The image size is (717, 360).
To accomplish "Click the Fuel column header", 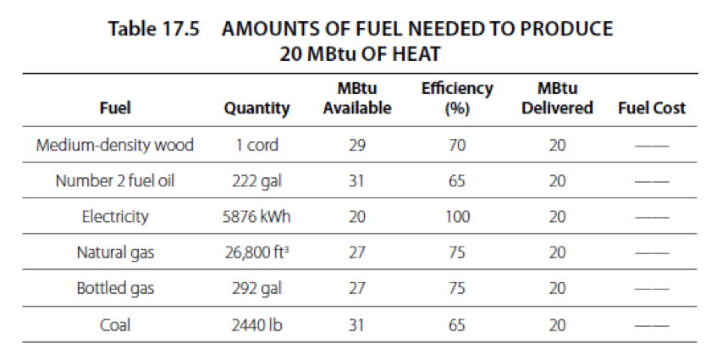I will coord(115,108).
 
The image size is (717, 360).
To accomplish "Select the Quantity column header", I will coord(256,108).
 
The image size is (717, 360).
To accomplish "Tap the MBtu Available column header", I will coord(356,99).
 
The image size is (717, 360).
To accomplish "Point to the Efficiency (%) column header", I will coord(457,99).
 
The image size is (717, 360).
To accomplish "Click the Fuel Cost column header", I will coord(651,108).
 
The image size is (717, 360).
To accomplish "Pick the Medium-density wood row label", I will coord(115,145).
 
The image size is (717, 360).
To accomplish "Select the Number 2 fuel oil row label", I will coord(115,180).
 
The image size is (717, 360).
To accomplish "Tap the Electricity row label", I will coord(115,216).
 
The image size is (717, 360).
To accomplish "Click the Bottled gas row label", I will coord(115,288).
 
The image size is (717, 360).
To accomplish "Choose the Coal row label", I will coord(115,324).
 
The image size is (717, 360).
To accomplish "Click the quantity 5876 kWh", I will coord(256,216).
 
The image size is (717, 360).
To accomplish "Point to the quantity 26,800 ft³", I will coord(256,252).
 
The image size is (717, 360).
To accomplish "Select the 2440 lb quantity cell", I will coord(256,324).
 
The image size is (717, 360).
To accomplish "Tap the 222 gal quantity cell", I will coord(256,180).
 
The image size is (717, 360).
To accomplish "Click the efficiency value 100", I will coord(457,216).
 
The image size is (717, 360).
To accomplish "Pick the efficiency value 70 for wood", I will coord(457,145).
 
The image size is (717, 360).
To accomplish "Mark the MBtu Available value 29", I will coord(356,145).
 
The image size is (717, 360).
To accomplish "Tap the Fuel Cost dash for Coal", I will coord(651,324).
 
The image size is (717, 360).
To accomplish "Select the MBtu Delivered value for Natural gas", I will coord(557,252).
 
